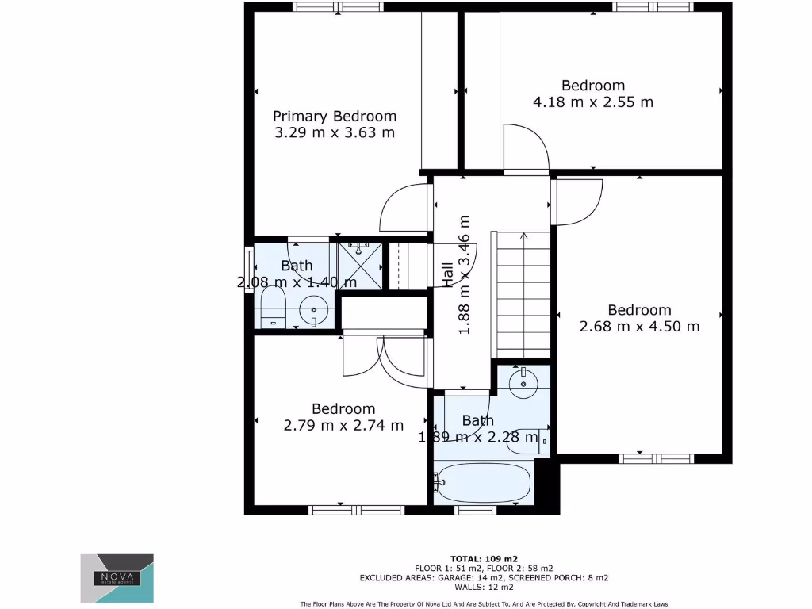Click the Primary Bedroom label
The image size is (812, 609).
click(x=335, y=116)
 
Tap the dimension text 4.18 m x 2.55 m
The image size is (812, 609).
click(x=593, y=102)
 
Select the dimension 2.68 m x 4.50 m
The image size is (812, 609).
click(x=639, y=327)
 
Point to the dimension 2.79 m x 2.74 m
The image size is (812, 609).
click(x=343, y=426)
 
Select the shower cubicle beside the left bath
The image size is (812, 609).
click(x=361, y=266)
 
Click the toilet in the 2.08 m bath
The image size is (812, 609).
click(x=273, y=308)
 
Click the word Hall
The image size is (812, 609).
click(x=447, y=274)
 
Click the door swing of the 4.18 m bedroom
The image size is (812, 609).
click(x=526, y=147)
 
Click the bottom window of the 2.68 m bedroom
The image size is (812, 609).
click(x=655, y=458)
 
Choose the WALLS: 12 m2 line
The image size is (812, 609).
click(x=483, y=588)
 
